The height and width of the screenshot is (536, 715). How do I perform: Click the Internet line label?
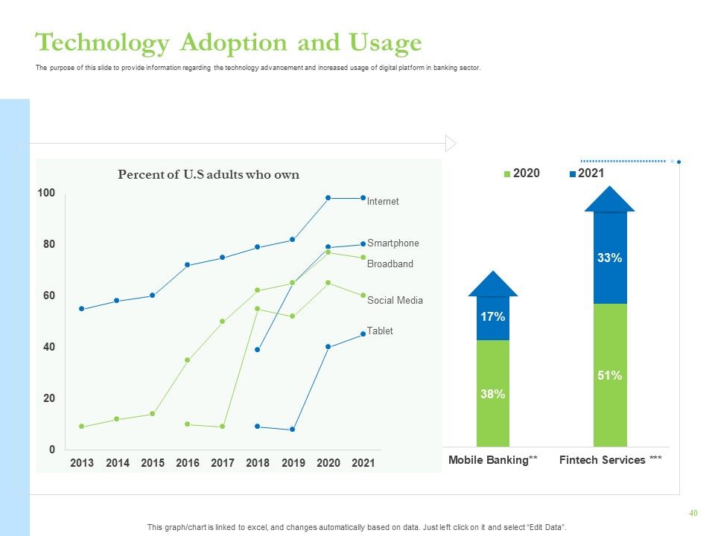pos(383,202)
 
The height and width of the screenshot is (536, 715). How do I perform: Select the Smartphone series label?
pos(393,243)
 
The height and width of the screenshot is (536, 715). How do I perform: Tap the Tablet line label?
pos(380,331)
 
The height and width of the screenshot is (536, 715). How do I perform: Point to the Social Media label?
pos(395,300)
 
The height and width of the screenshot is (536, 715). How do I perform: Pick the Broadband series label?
pos(390,264)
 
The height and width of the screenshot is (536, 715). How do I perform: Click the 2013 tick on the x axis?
pos(82,463)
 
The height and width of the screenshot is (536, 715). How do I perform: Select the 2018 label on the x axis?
pos(258,463)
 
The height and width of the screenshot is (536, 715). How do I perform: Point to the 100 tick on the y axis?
pos(46,193)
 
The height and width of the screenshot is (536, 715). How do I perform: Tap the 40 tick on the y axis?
pos(49,347)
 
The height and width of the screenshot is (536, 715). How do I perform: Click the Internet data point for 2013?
pos(82,309)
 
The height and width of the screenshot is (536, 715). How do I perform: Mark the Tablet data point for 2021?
pos(363,334)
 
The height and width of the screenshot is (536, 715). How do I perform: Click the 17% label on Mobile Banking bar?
pos(492,317)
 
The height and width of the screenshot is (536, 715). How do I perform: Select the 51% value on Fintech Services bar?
pos(610,375)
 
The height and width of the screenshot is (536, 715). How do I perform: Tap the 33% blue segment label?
pos(610,258)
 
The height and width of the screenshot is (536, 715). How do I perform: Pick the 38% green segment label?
pos(492,395)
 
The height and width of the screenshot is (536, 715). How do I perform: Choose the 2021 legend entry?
pos(587,173)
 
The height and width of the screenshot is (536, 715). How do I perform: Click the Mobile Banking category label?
pos(492,460)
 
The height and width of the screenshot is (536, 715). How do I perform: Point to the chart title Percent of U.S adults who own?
pos(209,174)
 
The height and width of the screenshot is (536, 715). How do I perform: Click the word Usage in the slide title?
pos(385,44)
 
